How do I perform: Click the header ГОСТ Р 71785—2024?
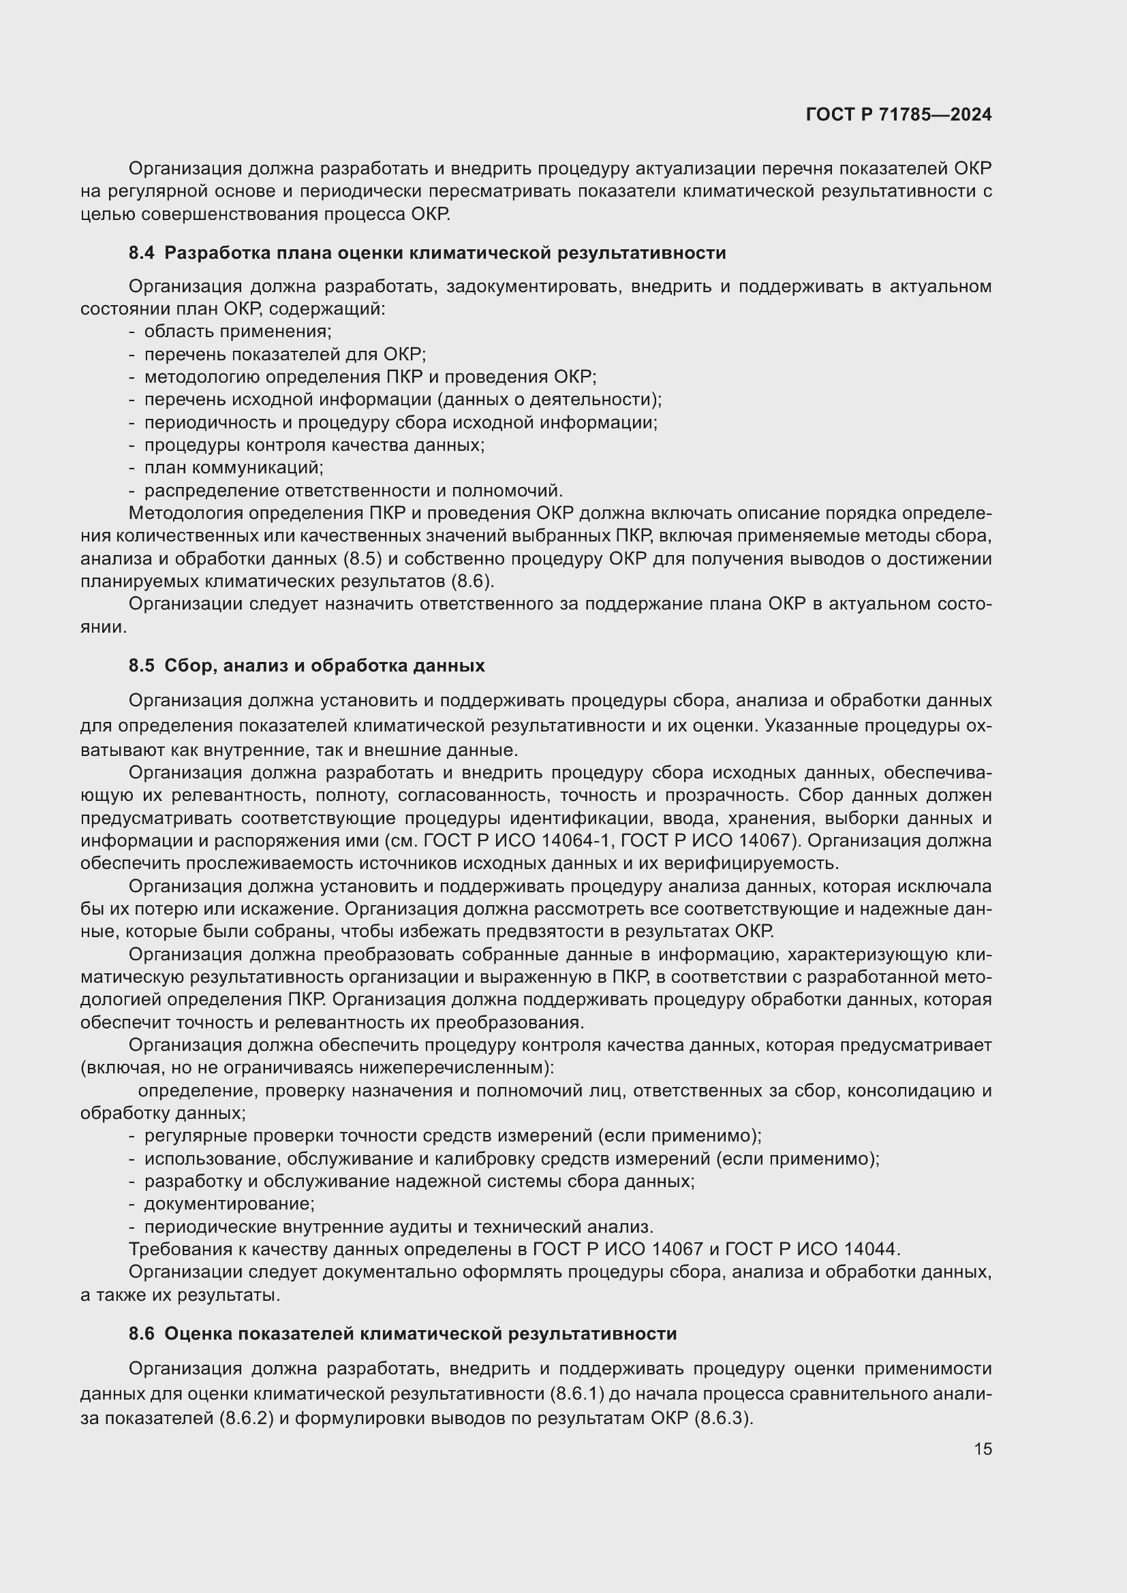point(899,114)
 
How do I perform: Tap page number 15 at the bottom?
point(983,1449)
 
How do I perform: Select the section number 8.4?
point(142,253)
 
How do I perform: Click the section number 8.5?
point(142,666)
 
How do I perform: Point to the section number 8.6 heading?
point(142,1334)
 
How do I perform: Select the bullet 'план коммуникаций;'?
point(234,468)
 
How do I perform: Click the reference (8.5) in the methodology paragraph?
point(363,559)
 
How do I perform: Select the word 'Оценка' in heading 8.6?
point(196,1334)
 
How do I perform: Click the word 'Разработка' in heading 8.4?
point(216,253)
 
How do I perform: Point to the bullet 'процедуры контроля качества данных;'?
point(313,445)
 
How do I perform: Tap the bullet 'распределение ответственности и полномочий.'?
point(353,490)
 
